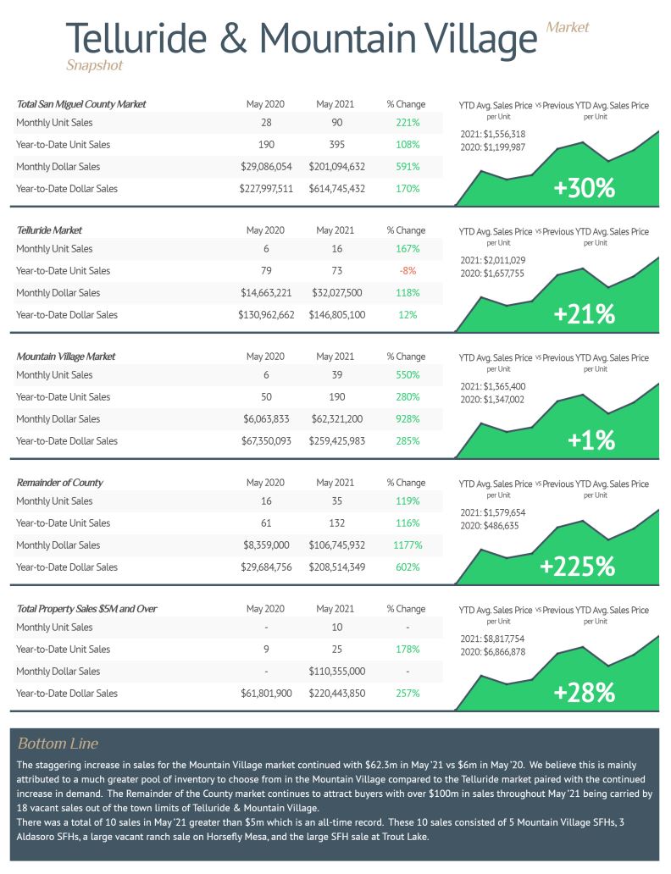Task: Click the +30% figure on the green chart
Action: (584, 188)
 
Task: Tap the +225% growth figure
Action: (577, 567)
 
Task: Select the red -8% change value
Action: (408, 271)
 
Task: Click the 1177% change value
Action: (408, 545)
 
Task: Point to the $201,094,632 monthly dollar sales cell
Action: (337, 167)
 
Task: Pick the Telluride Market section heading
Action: (49, 230)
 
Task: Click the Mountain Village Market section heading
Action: (66, 357)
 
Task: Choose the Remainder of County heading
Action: (59, 483)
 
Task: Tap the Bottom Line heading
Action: (58, 743)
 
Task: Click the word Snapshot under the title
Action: (94, 65)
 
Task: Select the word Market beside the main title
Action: (568, 27)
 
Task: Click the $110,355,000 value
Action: (337, 672)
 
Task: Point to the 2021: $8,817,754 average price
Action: (492, 639)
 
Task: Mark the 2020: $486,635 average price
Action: (489, 526)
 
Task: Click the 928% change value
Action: (408, 419)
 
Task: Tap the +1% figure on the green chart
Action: (591, 440)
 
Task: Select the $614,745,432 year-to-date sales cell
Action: (337, 189)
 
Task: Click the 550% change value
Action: (408, 375)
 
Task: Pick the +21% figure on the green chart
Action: (584, 314)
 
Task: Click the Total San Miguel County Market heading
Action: (80, 104)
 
